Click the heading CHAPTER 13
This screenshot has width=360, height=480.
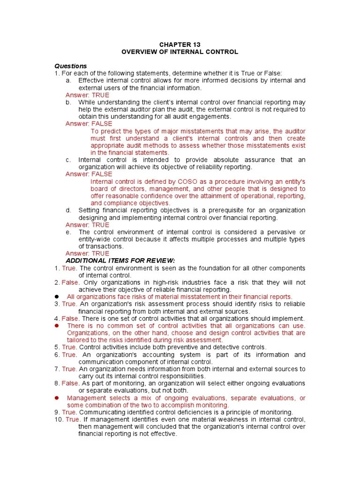coord(180,45)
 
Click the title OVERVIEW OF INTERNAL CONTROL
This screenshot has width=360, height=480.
coord(180,52)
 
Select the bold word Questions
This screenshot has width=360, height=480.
coord(71,66)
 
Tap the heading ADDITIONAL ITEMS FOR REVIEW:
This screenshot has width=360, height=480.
coord(120,261)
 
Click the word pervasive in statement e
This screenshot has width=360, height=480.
coord(276,232)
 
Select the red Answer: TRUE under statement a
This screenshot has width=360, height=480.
coord(87,95)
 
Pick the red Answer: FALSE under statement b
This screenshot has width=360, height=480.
coord(89,124)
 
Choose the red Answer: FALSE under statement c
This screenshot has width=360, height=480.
coord(89,174)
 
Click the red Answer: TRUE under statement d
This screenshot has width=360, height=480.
coord(87,225)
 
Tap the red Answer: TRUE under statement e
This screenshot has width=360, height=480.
coord(87,254)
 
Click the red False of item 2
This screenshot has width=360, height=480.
coord(70,283)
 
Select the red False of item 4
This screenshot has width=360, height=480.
coord(70,318)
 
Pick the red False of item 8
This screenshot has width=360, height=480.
coord(70,383)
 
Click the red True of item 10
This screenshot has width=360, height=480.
coord(73,420)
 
